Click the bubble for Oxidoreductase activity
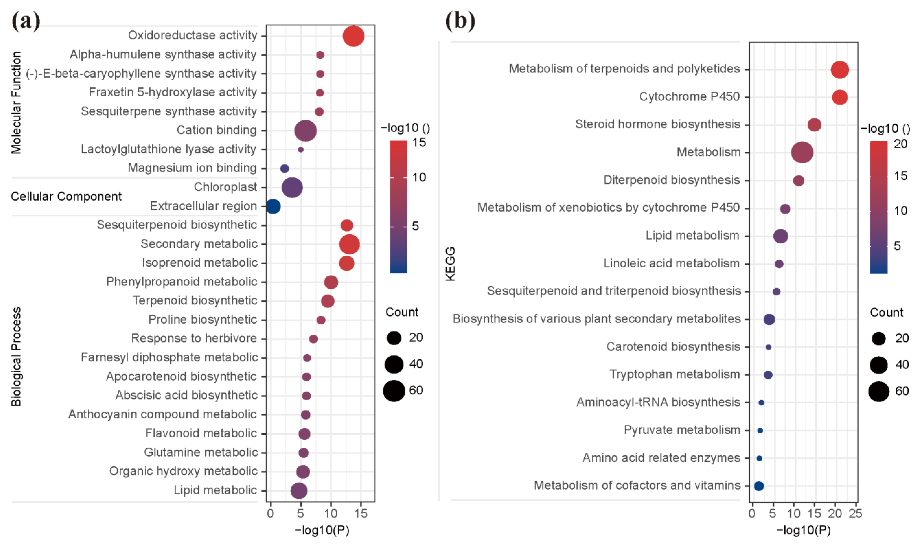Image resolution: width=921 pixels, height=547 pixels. pyautogui.click(x=353, y=36)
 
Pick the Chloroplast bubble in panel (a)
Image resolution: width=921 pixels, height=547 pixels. pyautogui.click(x=292, y=187)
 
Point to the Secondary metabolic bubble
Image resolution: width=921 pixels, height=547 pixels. pyautogui.click(x=349, y=244)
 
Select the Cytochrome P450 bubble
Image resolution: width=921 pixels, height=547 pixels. pyautogui.click(x=839, y=97)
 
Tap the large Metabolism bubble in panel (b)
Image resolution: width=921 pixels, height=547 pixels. pyautogui.click(x=802, y=152)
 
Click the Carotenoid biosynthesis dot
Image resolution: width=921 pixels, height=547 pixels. pyautogui.click(x=768, y=347)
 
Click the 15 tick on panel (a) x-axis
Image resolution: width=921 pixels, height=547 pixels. pyautogui.click(x=361, y=513)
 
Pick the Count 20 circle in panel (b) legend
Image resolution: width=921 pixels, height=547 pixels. pyautogui.click(x=878, y=338)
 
